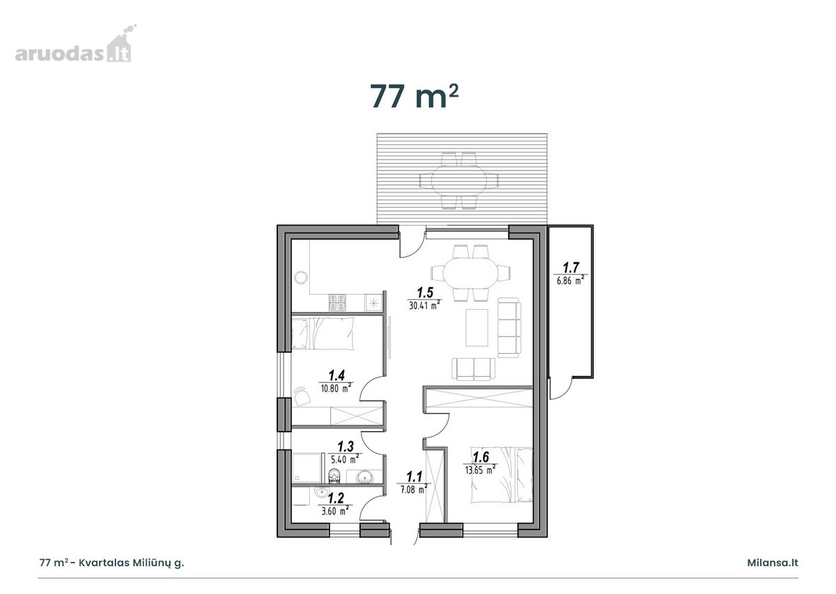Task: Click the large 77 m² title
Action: click(x=414, y=97)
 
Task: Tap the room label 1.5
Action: click(x=425, y=292)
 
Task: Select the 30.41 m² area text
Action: click(x=425, y=305)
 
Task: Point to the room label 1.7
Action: click(x=571, y=267)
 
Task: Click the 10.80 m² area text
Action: click(x=336, y=388)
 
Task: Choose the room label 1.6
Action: click(x=481, y=457)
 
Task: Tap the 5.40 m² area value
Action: click(x=345, y=458)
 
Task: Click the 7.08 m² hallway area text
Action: click(x=414, y=489)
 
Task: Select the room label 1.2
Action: click(x=336, y=498)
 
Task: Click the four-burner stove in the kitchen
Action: click(x=337, y=303)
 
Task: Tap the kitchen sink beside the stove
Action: click(x=373, y=303)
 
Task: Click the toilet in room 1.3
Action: click(x=334, y=476)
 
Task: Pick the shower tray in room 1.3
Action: click(x=306, y=468)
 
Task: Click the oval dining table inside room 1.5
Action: click(x=470, y=273)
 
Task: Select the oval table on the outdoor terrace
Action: click(x=459, y=181)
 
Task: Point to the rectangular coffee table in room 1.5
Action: click(x=477, y=327)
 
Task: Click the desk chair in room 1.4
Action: click(x=302, y=396)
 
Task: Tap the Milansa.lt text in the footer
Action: click(x=772, y=563)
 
